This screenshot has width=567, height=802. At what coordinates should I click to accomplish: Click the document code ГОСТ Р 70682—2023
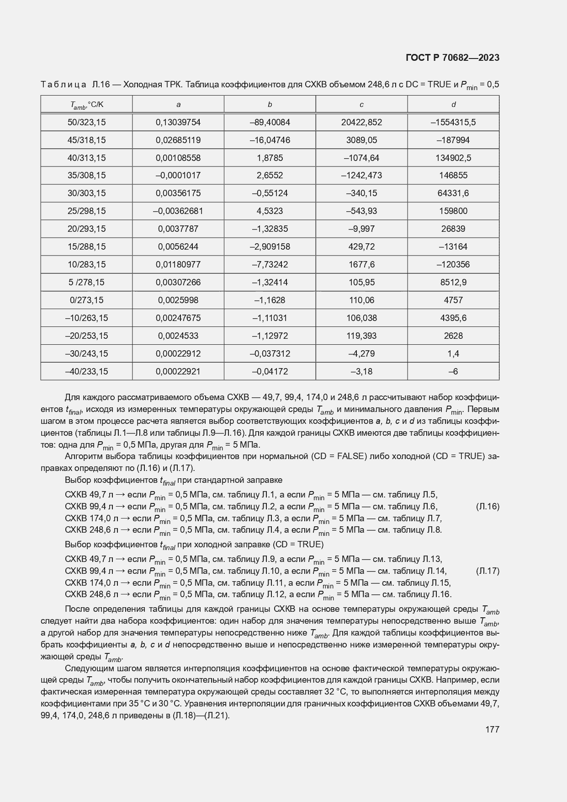point(452,58)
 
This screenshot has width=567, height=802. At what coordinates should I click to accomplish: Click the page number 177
point(492,729)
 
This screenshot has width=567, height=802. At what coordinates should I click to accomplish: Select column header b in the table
point(270,105)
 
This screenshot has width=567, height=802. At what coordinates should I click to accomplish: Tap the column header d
point(453,105)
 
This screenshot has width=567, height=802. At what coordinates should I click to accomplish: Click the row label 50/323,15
point(86,123)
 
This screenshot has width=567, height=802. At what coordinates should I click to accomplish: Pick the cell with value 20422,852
point(361,123)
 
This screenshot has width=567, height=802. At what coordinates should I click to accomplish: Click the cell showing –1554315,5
point(453,123)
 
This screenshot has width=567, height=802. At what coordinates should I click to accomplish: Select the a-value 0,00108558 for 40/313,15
point(178,158)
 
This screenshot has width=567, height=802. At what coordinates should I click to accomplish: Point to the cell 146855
point(453,176)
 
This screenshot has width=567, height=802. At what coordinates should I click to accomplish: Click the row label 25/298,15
point(86,211)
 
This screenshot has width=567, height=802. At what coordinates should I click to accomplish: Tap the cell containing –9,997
point(361,229)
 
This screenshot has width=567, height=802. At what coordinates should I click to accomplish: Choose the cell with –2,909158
point(270,247)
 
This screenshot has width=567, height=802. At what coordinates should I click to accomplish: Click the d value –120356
point(453,265)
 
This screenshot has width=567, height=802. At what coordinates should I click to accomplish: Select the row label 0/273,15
point(86,300)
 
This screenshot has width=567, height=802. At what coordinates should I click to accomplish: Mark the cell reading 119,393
point(361,336)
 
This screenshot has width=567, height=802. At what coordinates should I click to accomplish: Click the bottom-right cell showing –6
point(453,372)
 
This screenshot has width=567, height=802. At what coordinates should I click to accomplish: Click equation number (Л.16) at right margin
point(488,507)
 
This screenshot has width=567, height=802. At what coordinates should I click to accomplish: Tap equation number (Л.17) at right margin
point(488,571)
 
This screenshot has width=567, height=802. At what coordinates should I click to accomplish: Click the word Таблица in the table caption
point(64,85)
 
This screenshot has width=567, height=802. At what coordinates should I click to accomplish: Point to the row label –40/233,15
point(86,372)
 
